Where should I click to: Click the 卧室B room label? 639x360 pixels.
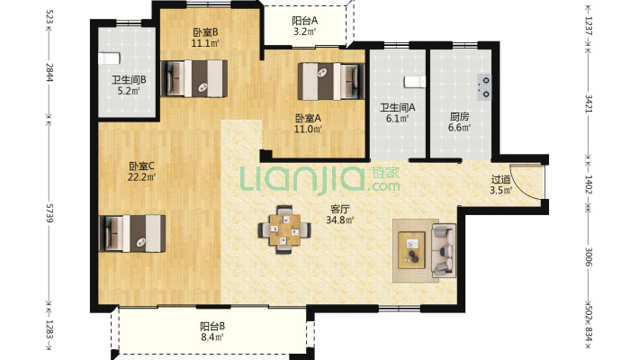(205, 31)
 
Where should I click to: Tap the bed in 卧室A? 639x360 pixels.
(331, 81)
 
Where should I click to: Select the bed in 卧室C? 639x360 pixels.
(132, 234)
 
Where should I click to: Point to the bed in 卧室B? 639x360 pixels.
(194, 78)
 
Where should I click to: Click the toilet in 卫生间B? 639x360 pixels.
(109, 58)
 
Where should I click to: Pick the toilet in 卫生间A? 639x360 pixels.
(415, 82)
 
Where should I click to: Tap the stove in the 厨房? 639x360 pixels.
(484, 87)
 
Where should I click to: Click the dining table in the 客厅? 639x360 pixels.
(284, 229)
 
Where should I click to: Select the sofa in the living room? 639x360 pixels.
(444, 250)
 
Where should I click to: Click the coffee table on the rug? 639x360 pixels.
(411, 250)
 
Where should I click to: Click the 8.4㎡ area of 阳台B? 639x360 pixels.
(212, 337)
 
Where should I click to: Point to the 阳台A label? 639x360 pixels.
(305, 21)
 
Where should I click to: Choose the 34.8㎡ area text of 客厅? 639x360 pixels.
(340, 220)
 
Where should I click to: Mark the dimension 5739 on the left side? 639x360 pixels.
(49, 213)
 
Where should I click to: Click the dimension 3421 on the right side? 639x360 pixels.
(589, 103)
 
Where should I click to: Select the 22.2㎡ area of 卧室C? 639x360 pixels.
(142, 177)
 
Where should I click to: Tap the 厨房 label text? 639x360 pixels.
(460, 117)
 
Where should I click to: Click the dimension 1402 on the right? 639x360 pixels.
(589, 184)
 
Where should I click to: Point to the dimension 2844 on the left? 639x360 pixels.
(49, 72)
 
